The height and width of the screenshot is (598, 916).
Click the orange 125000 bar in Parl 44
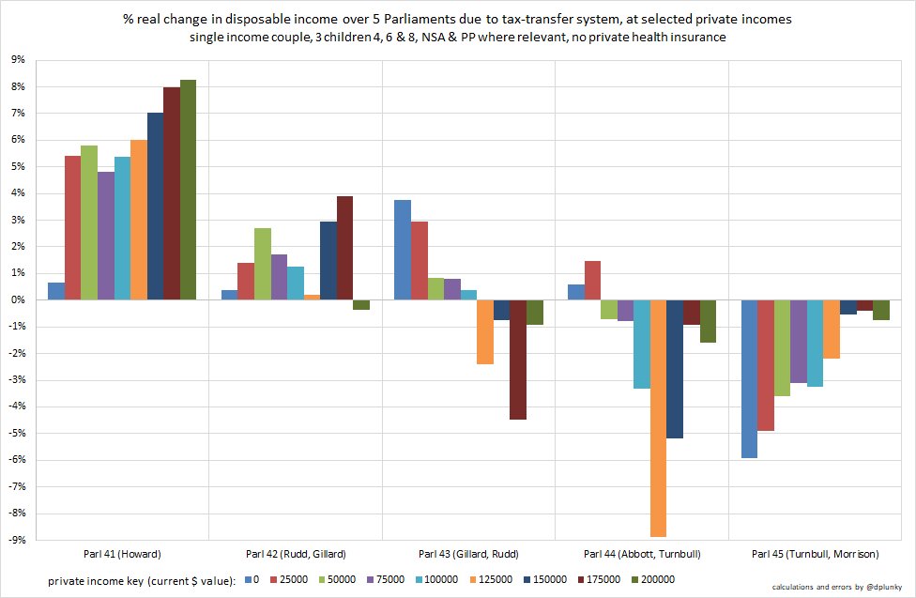pyautogui.click(x=658, y=418)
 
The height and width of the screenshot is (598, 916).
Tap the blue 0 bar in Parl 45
pyautogui.click(x=750, y=378)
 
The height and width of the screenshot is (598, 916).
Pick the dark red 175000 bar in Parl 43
pyautogui.click(x=518, y=360)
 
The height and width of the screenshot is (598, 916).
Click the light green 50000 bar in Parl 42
pyautogui.click(x=263, y=264)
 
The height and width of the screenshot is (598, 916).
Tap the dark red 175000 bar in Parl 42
pyautogui.click(x=344, y=248)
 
